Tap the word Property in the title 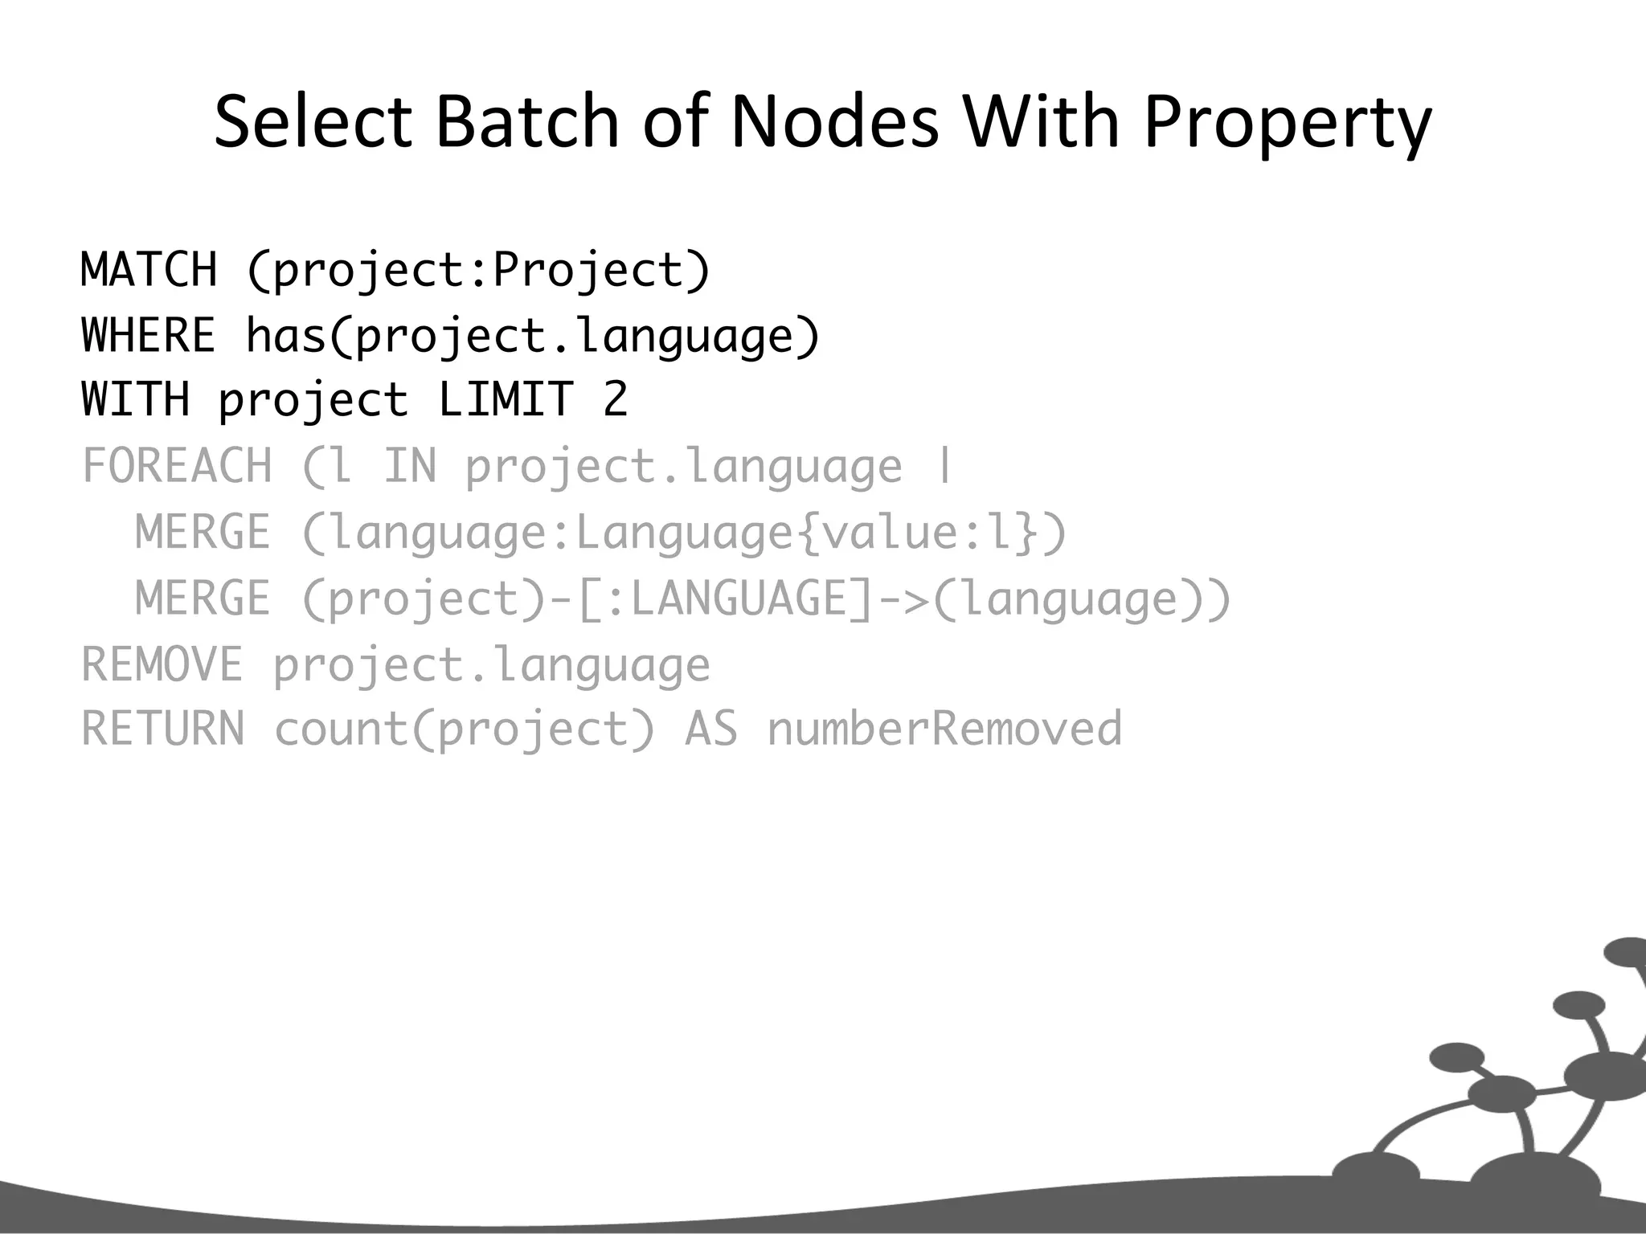pyautogui.click(x=1286, y=122)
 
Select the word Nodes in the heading pyautogui.click(x=833, y=122)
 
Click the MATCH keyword pyautogui.click(x=149, y=269)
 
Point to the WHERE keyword pyautogui.click(x=149, y=335)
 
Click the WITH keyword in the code pyautogui.click(x=136, y=399)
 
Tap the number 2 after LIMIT pyautogui.click(x=615, y=399)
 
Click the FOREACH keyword pyautogui.click(x=178, y=466)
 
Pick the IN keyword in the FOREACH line pyautogui.click(x=410, y=466)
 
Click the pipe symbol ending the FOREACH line pyautogui.click(x=944, y=466)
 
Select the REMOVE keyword pyautogui.click(x=162, y=664)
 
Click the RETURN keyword pyautogui.click(x=162, y=729)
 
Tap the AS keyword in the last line pyautogui.click(x=710, y=729)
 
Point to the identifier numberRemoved pyautogui.click(x=944, y=729)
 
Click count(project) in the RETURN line pyautogui.click(x=465, y=729)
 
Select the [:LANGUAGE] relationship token pyautogui.click(x=724, y=599)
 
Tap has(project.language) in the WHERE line pyautogui.click(x=533, y=335)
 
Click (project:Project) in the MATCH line pyautogui.click(x=478, y=269)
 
